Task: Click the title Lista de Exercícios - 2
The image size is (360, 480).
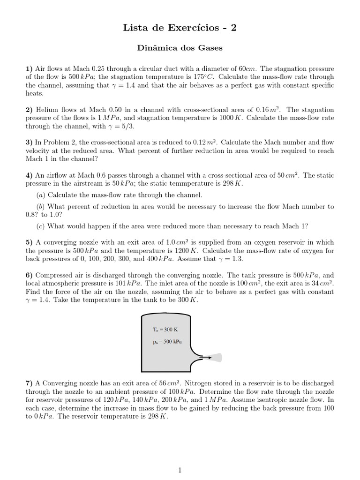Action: point(180,28)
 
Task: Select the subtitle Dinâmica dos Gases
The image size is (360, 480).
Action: point(180,48)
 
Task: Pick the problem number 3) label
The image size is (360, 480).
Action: point(29,142)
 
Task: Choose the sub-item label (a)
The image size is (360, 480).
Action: point(41,195)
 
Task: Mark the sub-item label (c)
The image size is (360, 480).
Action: point(41,226)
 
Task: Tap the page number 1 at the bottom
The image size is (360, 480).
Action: point(180,457)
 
